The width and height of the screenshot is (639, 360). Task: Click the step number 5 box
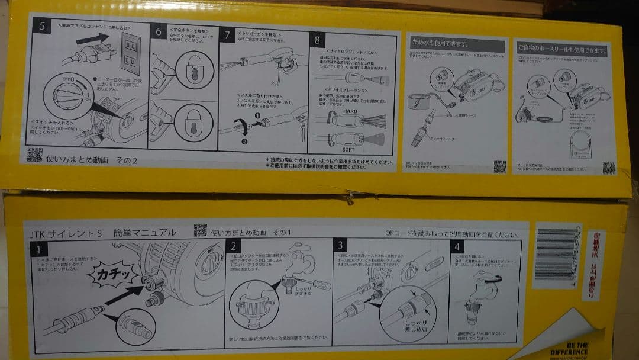pyautogui.click(x=41, y=27)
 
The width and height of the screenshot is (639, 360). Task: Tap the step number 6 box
pyautogui.click(x=159, y=32)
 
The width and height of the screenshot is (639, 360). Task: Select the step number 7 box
pyautogui.click(x=227, y=35)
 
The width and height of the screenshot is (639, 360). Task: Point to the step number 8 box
pyautogui.click(x=318, y=40)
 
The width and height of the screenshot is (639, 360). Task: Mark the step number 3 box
pyautogui.click(x=341, y=245)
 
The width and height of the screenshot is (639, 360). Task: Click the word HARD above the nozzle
pyautogui.click(x=350, y=111)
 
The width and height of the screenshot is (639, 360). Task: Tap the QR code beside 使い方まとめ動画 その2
pyautogui.click(x=35, y=155)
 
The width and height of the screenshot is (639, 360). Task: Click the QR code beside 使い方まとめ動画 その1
pyautogui.click(x=201, y=230)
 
